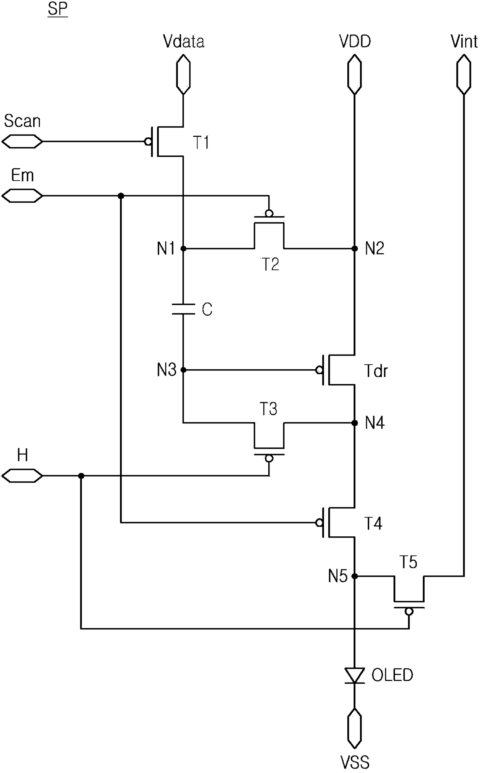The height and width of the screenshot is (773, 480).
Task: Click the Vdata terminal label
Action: point(183,41)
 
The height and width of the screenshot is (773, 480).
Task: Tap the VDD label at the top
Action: point(355,41)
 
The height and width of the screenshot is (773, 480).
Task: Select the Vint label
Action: point(464,41)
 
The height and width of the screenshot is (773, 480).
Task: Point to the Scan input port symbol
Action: point(22,142)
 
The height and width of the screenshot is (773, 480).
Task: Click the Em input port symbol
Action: point(22,196)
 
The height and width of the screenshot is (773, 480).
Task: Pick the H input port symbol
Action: point(22,476)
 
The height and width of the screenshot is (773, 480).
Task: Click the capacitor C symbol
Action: point(183,309)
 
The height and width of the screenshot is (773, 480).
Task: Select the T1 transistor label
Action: point(201,143)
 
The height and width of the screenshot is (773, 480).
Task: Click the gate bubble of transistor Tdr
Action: point(319,370)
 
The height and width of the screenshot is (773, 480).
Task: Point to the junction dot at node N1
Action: point(183,248)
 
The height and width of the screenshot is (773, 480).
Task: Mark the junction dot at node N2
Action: point(355,248)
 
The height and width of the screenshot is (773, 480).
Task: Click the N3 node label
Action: point(167,370)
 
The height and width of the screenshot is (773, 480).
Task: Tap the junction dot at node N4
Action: point(355,423)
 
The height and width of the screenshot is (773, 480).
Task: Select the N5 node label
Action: point(338,577)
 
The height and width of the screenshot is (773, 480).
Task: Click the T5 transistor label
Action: point(408,562)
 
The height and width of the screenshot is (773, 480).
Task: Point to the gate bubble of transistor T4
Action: point(319,523)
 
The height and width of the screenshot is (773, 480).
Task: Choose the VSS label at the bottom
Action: point(355,762)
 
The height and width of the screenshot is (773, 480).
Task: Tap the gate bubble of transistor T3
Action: point(269,459)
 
